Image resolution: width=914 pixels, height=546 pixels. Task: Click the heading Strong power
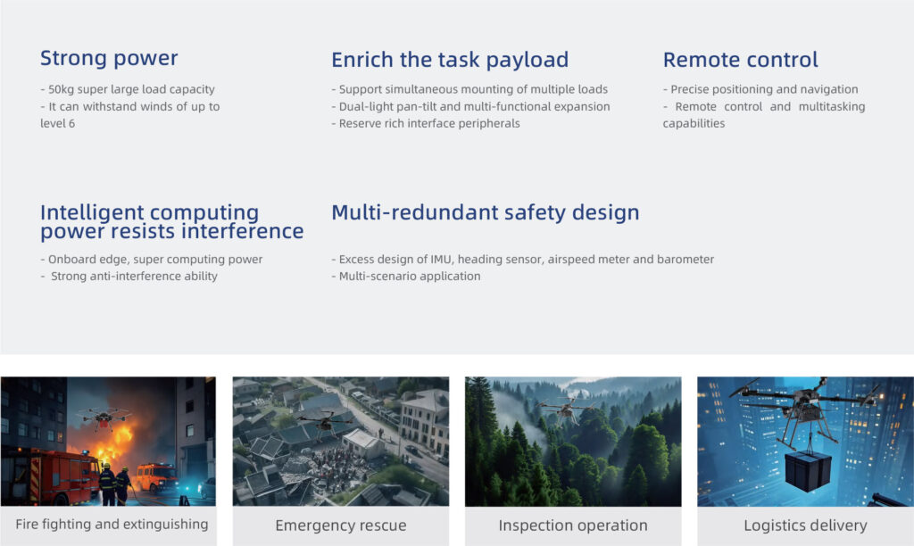[x=109, y=58]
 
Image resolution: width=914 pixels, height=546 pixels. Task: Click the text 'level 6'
[x=58, y=123]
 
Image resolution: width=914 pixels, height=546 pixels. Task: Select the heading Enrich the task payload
[x=450, y=60]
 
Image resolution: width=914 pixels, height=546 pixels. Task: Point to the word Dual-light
[x=365, y=107]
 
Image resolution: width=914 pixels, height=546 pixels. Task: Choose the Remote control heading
[x=740, y=60]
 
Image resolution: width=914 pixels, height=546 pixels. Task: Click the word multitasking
[x=832, y=107]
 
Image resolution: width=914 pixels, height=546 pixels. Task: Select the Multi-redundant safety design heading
[x=485, y=212]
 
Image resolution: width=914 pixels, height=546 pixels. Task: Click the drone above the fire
[x=104, y=417]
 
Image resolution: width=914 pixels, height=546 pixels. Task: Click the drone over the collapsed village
[x=324, y=423]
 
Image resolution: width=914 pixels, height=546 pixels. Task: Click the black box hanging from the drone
[x=808, y=470]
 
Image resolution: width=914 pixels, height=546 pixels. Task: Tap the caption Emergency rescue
[x=341, y=525]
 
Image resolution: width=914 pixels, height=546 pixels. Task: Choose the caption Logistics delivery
[x=806, y=525]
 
